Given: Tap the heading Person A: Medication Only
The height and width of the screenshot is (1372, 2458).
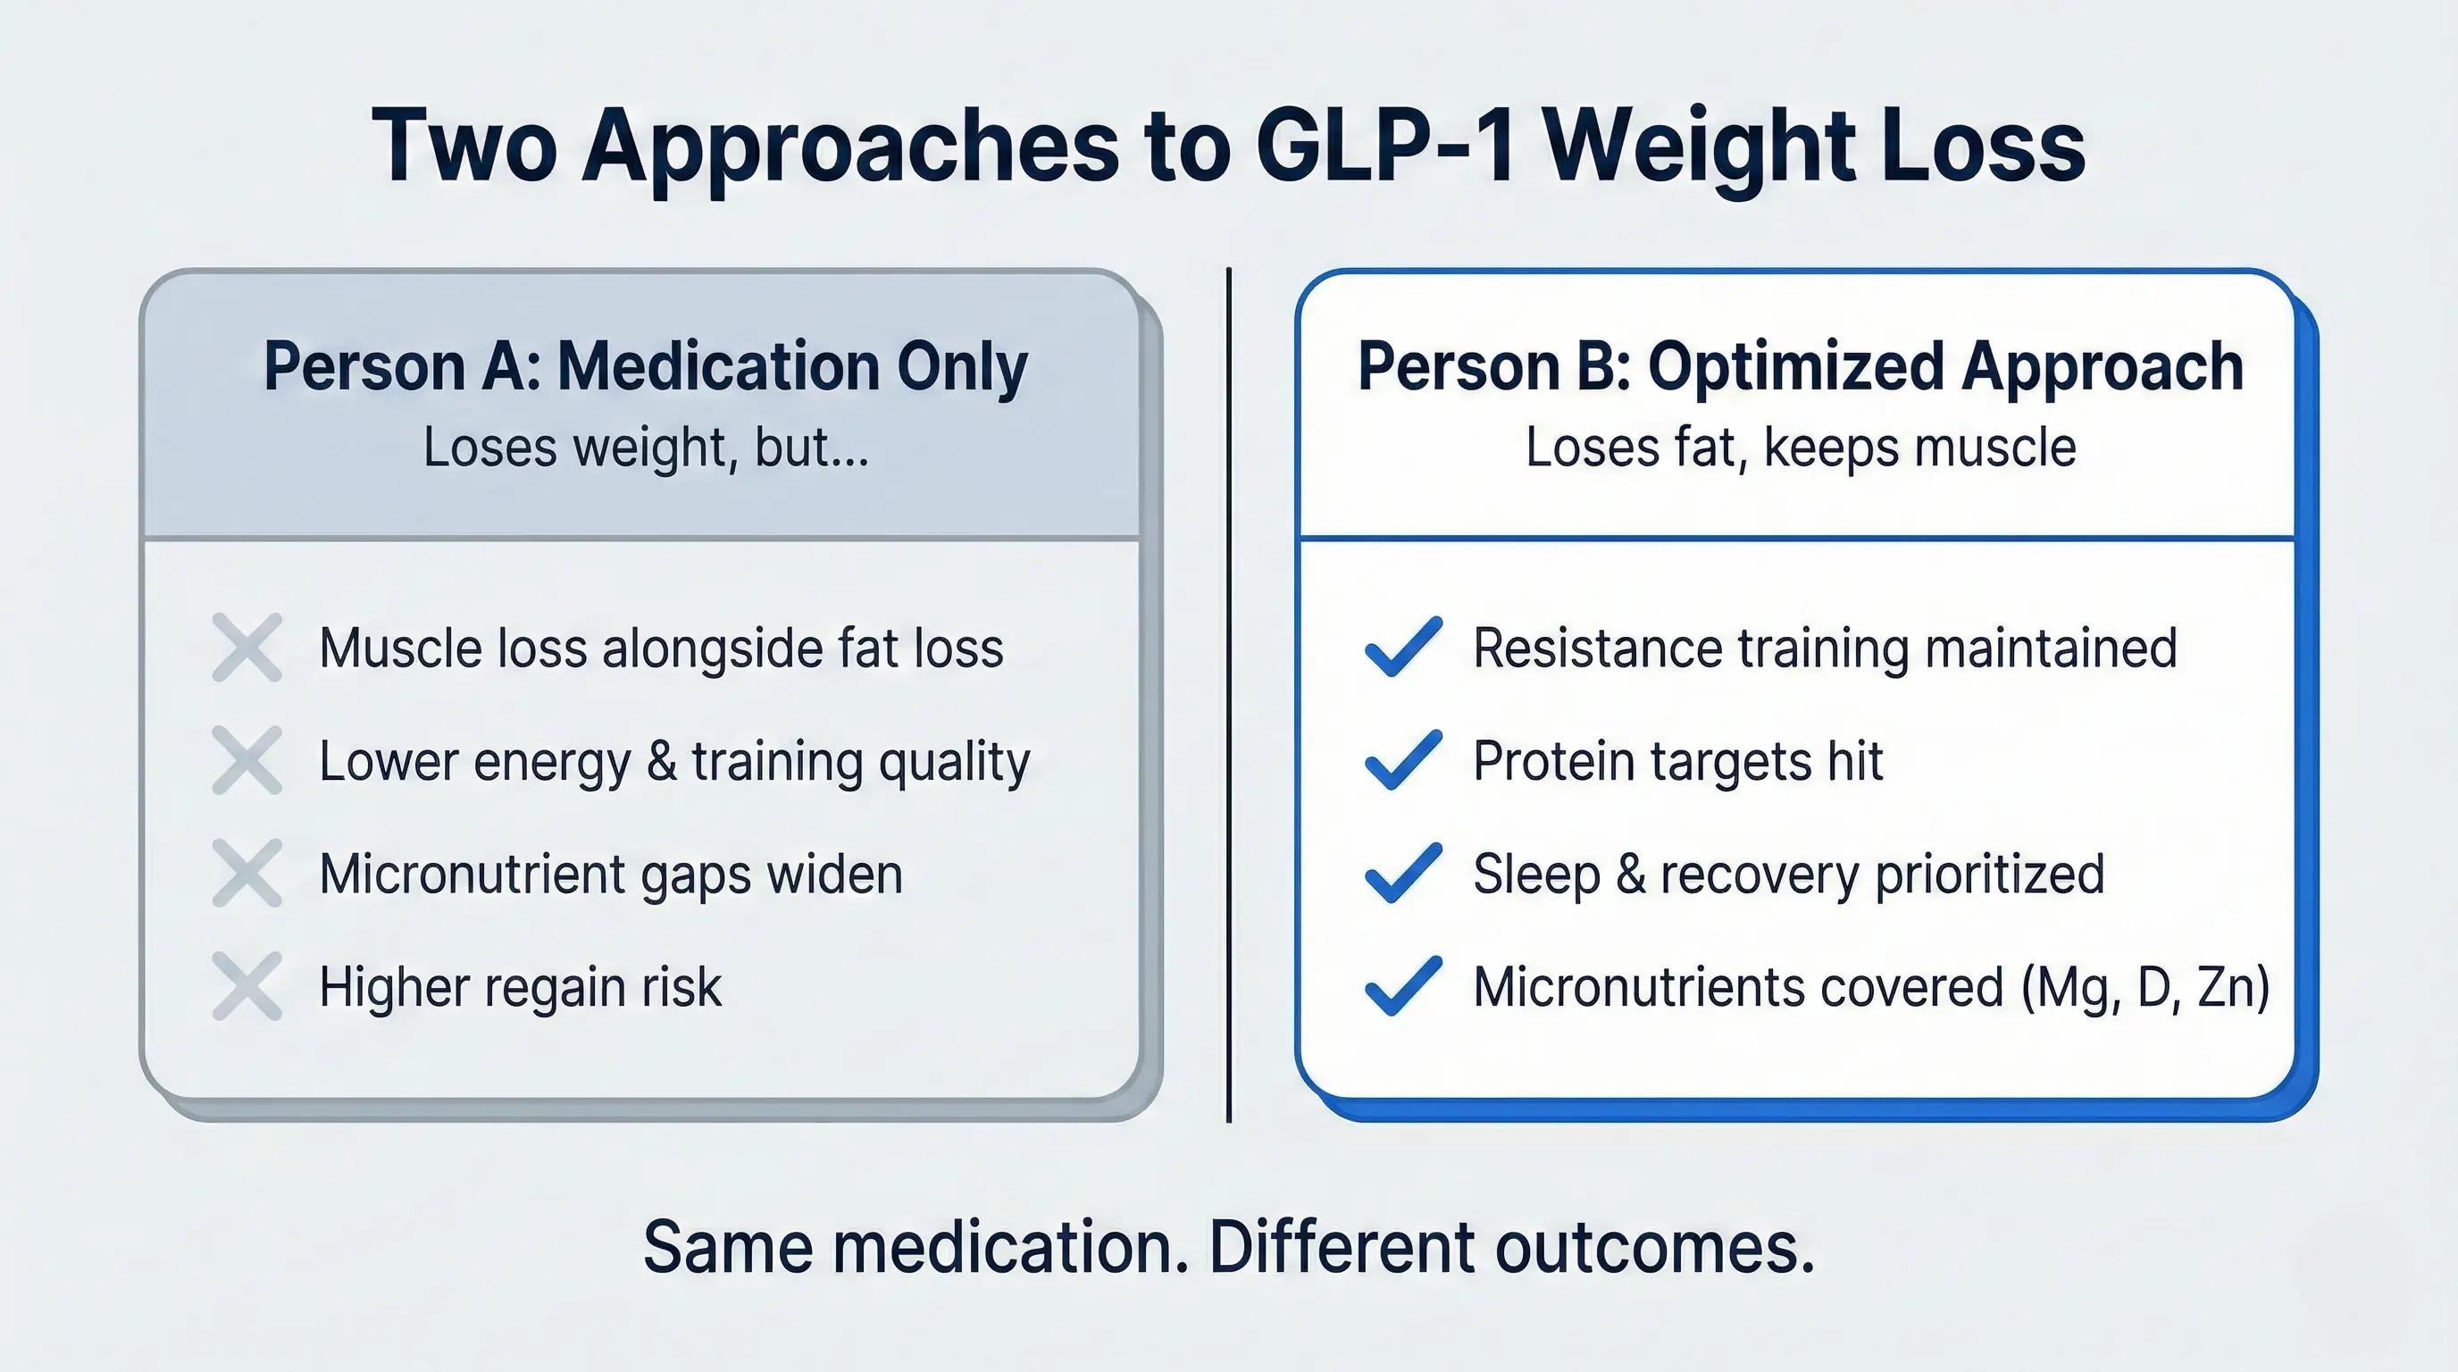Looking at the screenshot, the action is pyautogui.click(x=645, y=367).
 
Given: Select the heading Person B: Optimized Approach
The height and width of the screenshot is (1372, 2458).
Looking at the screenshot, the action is pyautogui.click(x=1801, y=367).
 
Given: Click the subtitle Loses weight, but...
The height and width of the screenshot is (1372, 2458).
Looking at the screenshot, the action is pyautogui.click(x=646, y=448).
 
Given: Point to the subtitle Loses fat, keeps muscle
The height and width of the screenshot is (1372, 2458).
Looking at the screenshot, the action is pyautogui.click(x=1801, y=448).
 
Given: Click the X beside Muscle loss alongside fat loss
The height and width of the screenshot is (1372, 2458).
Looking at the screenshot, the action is pyautogui.click(x=247, y=648).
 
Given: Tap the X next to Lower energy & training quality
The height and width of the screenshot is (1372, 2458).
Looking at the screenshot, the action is pyautogui.click(x=247, y=760).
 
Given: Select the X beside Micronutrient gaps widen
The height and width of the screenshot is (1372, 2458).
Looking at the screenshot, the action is pyautogui.click(x=247, y=873).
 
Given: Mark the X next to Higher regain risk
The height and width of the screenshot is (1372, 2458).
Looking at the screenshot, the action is pyautogui.click(x=247, y=985).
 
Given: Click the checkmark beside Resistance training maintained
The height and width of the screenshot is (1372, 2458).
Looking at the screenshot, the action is pyautogui.click(x=1402, y=647).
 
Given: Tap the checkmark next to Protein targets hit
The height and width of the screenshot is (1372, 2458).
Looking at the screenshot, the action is pyautogui.click(x=1402, y=759).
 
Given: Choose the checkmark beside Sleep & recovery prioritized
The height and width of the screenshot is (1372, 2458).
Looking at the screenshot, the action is pyautogui.click(x=1402, y=872).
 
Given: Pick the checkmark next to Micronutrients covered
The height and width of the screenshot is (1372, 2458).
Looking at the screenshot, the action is pyautogui.click(x=1402, y=984).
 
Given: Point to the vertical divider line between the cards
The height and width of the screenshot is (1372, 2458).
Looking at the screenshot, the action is pyautogui.click(x=1229, y=695).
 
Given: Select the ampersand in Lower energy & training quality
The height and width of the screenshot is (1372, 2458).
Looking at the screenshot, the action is pyautogui.click(x=661, y=761).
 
